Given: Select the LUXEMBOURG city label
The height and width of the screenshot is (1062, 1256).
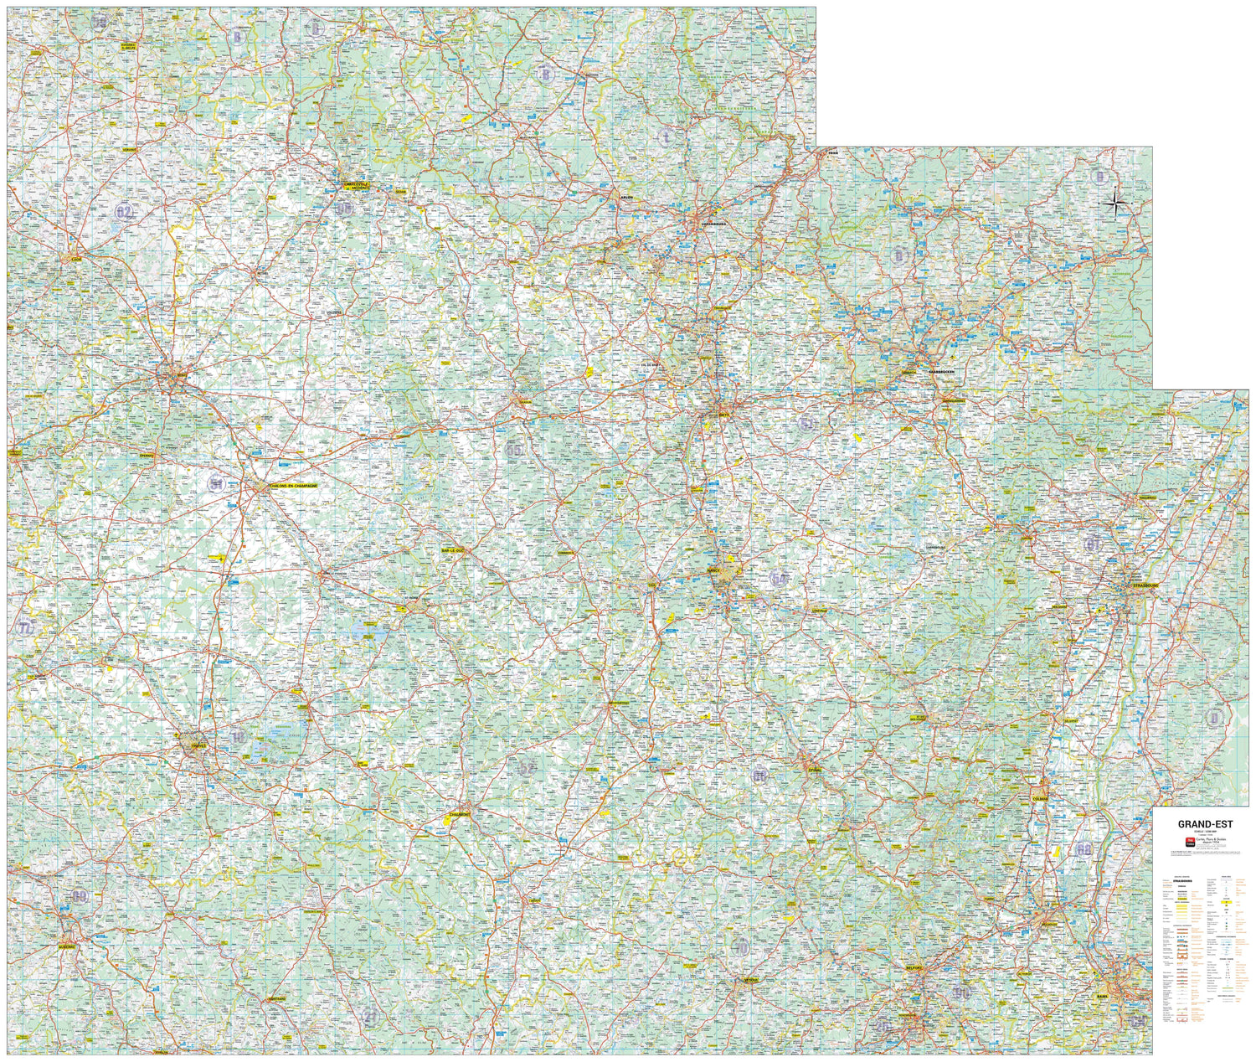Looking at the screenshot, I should pos(717,224).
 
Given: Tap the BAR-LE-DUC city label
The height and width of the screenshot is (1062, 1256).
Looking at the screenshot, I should pos(452,550).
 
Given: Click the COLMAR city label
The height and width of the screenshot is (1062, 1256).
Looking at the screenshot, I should pos(1041,798).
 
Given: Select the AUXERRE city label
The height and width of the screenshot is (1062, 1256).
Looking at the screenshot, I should pos(66,946).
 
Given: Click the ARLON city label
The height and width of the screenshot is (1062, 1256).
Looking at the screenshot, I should pos(625,198).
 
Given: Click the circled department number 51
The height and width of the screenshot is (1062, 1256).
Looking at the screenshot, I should pos(217,483).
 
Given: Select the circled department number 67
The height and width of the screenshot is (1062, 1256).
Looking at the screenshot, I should pos(1092,544).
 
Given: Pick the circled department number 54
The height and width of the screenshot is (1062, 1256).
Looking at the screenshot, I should pos(780,579).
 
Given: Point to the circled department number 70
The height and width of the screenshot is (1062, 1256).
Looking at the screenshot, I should pos(740,947).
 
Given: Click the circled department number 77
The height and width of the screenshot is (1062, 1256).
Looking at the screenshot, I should pos(26,628).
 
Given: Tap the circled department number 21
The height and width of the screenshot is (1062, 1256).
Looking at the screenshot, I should pos(370,1016).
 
